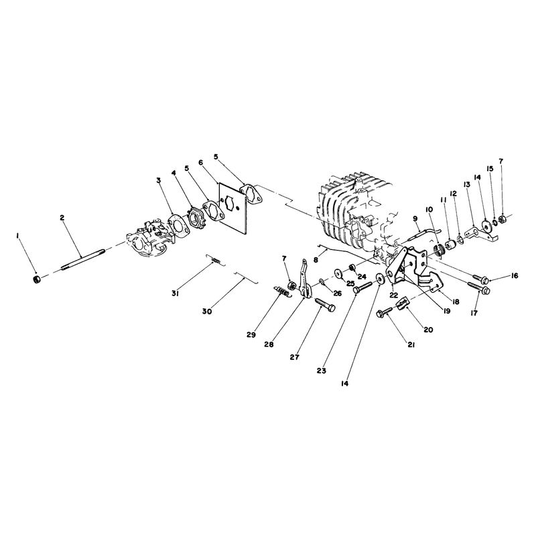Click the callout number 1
pos(17,236)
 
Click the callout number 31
pos(176,293)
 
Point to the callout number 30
pos(207,312)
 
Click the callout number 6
pos(200,162)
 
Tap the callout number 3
pos(159,180)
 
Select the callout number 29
pos(251,335)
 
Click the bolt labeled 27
pos(325,305)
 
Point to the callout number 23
pos(322,371)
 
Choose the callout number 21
pos(411,345)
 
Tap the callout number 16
pos(514,276)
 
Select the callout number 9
pos(415,218)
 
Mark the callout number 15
pos(490,169)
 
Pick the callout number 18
pos(456,302)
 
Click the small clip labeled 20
pos(402,303)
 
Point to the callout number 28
pos(269,344)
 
